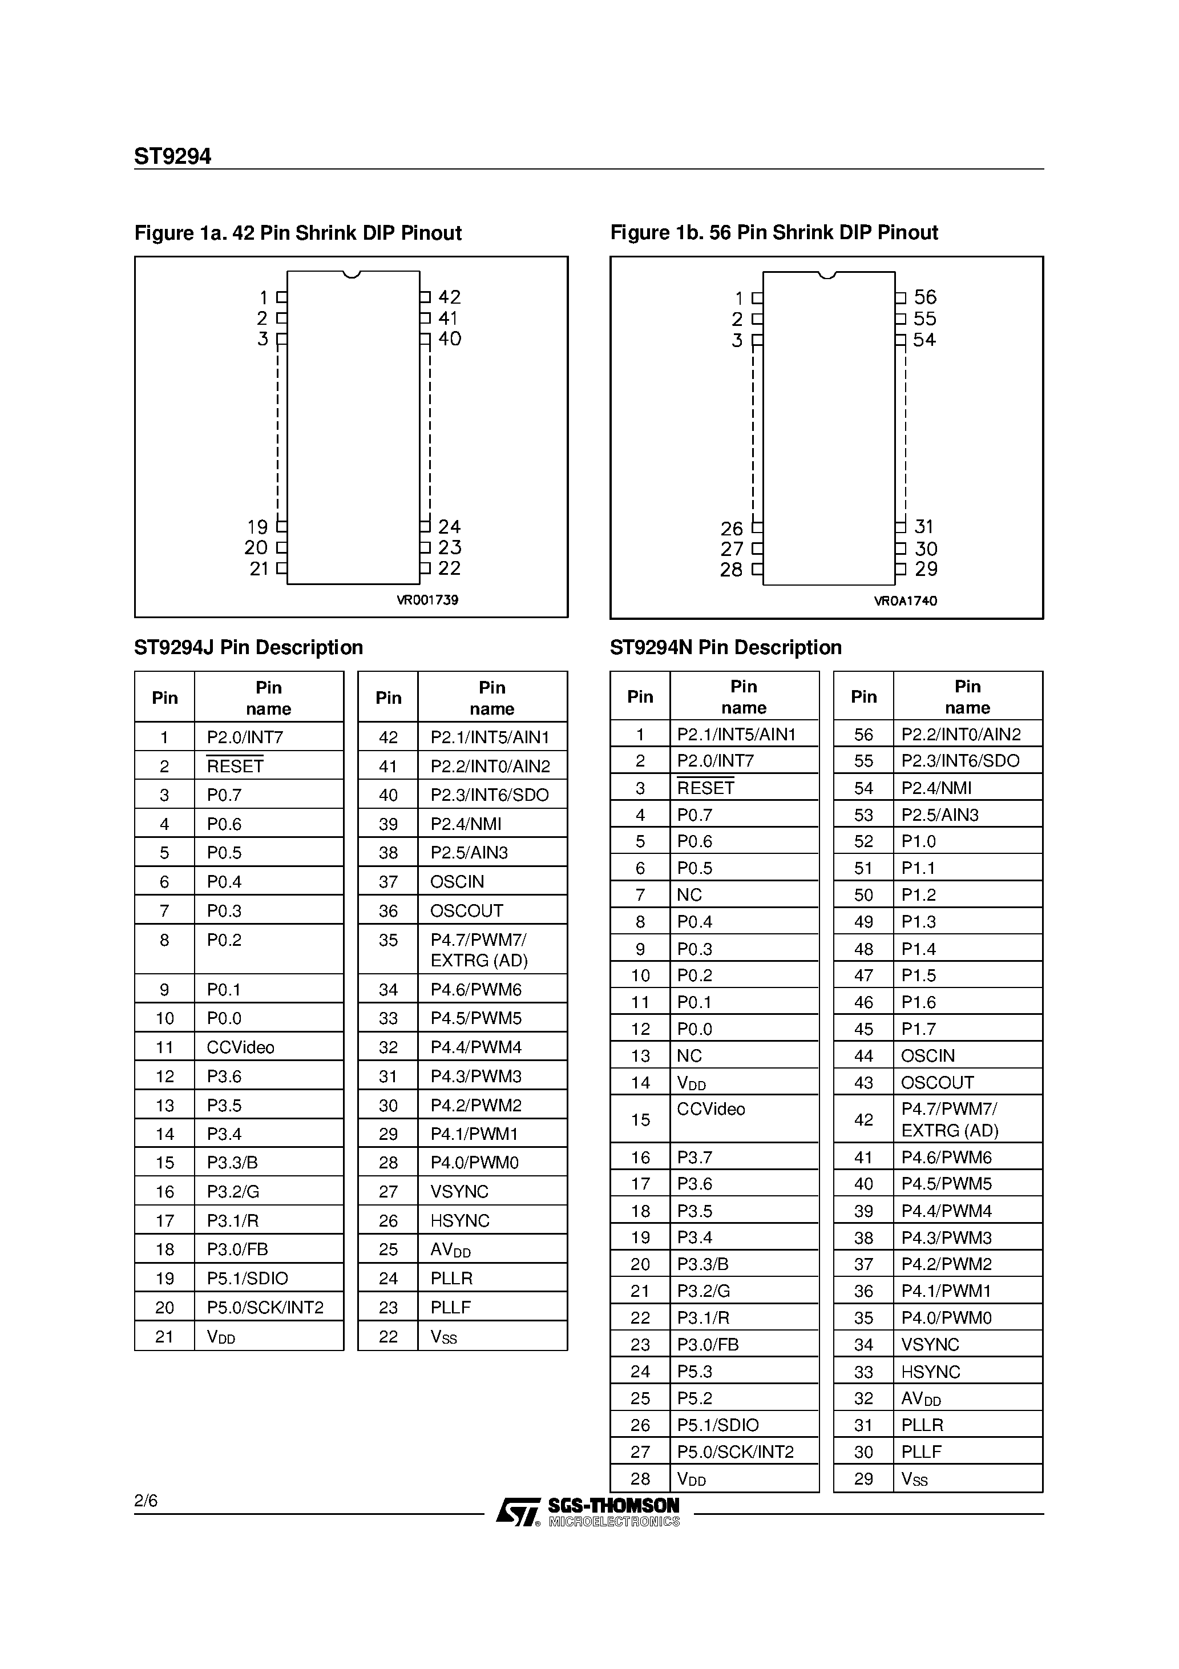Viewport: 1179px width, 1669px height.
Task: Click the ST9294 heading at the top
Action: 172,157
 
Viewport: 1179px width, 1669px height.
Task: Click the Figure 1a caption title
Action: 298,233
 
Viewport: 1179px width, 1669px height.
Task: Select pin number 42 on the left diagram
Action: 449,297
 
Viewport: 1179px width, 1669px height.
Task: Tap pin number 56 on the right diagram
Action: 924,297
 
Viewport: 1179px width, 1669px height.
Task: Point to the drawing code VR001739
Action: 427,600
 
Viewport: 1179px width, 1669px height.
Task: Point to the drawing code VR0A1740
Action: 905,601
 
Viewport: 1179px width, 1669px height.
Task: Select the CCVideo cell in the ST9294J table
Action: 241,1047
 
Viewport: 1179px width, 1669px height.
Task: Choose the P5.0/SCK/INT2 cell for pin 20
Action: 265,1308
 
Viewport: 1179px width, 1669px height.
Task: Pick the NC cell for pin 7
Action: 689,895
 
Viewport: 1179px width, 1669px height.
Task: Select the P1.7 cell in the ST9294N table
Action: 918,1029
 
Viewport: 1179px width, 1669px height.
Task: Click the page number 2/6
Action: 146,1501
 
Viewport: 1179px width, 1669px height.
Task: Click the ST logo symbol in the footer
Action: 518,1513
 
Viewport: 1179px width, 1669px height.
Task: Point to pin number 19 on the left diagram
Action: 257,527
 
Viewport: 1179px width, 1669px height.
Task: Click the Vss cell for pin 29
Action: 914,1478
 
